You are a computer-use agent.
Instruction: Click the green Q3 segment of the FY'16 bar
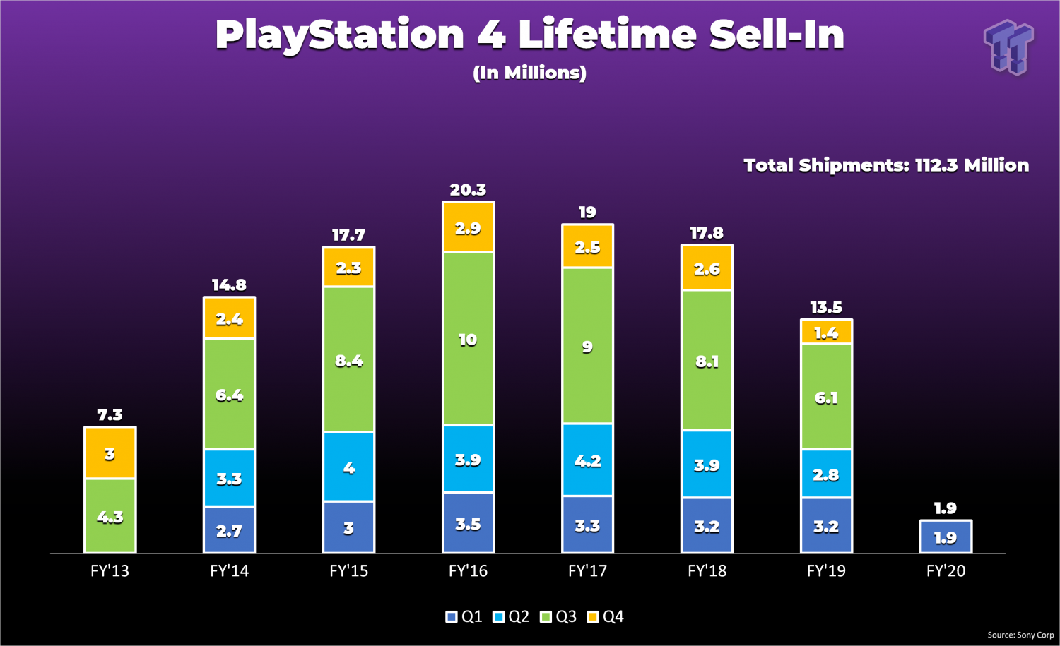coord(468,339)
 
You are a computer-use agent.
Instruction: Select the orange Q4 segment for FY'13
coord(110,453)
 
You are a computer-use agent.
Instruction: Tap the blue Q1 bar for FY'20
coord(946,537)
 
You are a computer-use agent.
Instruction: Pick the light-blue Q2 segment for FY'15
coord(348,467)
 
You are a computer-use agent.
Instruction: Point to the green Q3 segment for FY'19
coord(826,397)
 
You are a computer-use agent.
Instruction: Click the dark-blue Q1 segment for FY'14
coord(229,530)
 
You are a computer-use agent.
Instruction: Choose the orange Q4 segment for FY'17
coord(587,246)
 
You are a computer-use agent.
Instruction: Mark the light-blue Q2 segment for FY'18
coord(707,465)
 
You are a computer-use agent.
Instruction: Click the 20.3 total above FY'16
coord(468,190)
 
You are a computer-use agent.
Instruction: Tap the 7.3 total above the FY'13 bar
coord(110,414)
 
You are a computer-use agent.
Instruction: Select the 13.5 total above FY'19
coord(826,307)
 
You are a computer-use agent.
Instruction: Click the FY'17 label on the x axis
coord(587,570)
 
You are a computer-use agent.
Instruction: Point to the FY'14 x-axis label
coord(229,570)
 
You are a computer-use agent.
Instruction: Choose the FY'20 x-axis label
coord(946,570)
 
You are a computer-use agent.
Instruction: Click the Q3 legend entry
coord(558,617)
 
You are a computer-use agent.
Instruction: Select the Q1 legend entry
coord(464,617)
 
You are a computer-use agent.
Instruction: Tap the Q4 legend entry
coord(606,617)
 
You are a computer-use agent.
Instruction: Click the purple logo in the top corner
coord(1008,47)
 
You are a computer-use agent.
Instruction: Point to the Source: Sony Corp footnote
coord(1020,635)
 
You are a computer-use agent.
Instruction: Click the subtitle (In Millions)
coord(529,73)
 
